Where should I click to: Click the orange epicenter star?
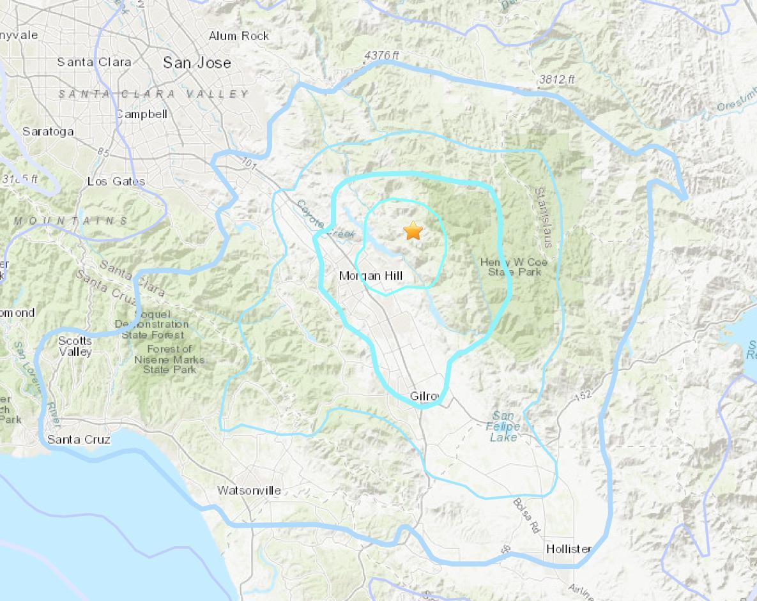pyautogui.click(x=413, y=231)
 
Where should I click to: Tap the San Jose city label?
pyautogui.click(x=197, y=63)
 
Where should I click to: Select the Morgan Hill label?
pyautogui.click(x=371, y=276)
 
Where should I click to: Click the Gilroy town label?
pyautogui.click(x=425, y=397)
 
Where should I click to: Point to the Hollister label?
pyautogui.click(x=569, y=549)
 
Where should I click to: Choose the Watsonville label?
pyautogui.click(x=249, y=491)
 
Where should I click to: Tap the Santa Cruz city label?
pyautogui.click(x=79, y=439)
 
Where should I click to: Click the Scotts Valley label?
pyautogui.click(x=75, y=346)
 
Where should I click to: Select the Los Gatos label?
pyautogui.click(x=116, y=181)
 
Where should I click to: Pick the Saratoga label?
pyautogui.click(x=48, y=132)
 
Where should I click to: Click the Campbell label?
pyautogui.click(x=142, y=114)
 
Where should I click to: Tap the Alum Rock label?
pyautogui.click(x=239, y=36)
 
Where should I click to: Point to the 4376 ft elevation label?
pyautogui.click(x=381, y=56)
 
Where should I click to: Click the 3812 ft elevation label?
pyautogui.click(x=556, y=79)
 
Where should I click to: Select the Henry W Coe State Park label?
pyautogui.click(x=514, y=267)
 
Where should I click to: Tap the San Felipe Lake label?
pyautogui.click(x=504, y=427)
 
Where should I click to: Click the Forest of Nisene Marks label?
pyautogui.click(x=169, y=359)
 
